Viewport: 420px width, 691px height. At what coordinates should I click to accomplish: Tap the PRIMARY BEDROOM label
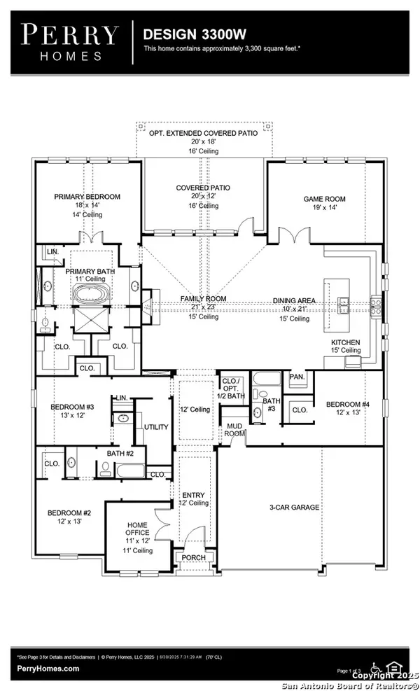87,197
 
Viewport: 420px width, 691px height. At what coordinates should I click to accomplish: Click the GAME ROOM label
324,199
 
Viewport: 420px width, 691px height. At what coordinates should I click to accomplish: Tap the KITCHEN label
345,343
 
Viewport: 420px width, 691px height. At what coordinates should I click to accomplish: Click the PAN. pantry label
297,377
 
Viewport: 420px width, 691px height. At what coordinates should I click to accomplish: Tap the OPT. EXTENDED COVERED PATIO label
203,132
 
